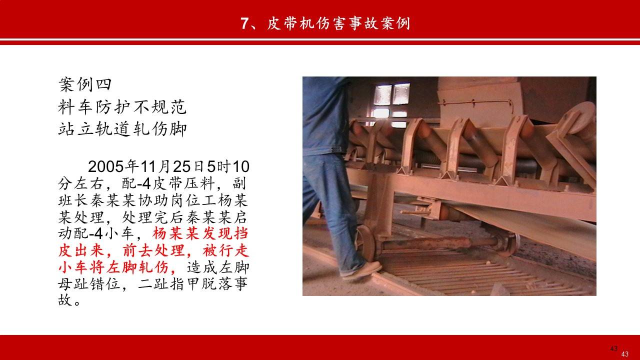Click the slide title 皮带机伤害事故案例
[x=337, y=23]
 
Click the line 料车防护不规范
[x=122, y=106]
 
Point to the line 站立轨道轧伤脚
[x=122, y=129]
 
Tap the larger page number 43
[x=614, y=348]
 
